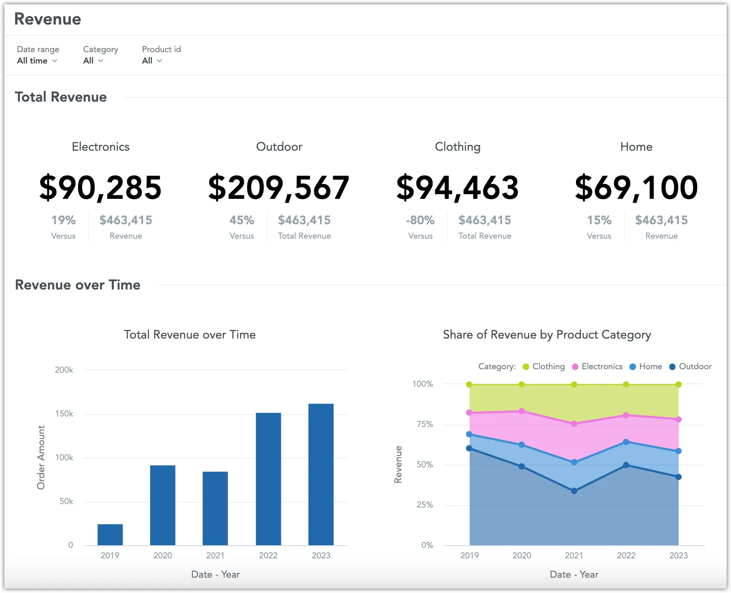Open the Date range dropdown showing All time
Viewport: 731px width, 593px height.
click(x=37, y=61)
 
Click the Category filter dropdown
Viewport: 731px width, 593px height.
click(x=93, y=61)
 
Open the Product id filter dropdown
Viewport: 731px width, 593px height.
click(x=151, y=61)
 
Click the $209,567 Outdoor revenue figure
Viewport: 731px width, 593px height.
click(x=279, y=188)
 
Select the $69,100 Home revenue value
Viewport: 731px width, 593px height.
click(x=636, y=188)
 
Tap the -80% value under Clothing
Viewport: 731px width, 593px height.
click(x=420, y=220)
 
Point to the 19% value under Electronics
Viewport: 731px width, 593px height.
click(x=63, y=220)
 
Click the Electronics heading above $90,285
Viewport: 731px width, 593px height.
click(x=101, y=147)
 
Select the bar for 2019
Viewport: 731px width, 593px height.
click(x=110, y=534)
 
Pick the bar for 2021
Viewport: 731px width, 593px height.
click(x=215, y=508)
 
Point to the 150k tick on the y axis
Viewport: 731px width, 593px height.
click(x=64, y=414)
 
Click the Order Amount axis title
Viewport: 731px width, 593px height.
click(x=41, y=457)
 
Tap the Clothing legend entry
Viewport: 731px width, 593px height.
click(x=544, y=367)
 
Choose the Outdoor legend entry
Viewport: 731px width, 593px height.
click(x=690, y=367)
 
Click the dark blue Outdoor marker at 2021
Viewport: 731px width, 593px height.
click(x=574, y=491)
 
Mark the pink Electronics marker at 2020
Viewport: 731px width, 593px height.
click(x=522, y=411)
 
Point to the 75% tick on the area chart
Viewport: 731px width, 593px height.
click(x=425, y=424)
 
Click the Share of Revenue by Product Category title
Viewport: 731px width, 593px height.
click(x=547, y=335)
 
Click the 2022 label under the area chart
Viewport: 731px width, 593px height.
click(x=626, y=555)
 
